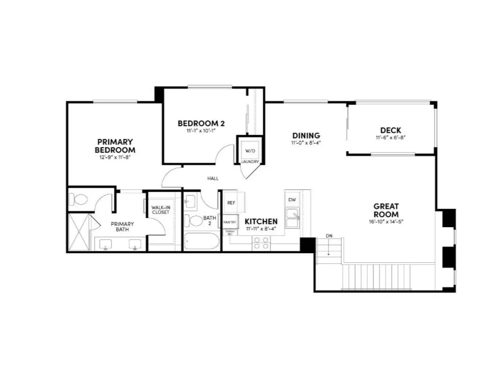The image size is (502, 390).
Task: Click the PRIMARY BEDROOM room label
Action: [115, 146]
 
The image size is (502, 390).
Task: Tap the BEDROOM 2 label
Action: [201, 123]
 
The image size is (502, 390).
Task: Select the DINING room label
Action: [306, 135]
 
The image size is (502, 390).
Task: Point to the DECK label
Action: [390, 130]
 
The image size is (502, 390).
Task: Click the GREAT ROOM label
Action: [386, 210]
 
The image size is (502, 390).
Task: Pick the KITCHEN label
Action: [261, 221]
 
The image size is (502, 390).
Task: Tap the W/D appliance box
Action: [250, 151]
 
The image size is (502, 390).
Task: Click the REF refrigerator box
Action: [230, 202]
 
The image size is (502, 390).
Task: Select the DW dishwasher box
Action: [292, 200]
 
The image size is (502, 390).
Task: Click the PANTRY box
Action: [229, 222]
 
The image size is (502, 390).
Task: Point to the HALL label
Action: [213, 179]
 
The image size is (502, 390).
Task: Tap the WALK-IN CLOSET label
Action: [160, 209]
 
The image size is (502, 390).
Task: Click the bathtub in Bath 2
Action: [202, 241]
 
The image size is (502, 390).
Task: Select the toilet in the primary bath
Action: [78, 200]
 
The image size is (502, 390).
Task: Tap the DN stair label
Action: [329, 236]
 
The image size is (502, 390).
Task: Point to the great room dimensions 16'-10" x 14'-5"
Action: [386, 222]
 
